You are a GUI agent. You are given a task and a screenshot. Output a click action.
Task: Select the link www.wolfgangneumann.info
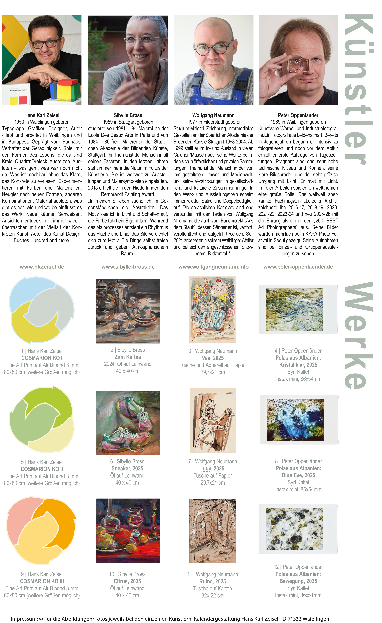click(x=213, y=267)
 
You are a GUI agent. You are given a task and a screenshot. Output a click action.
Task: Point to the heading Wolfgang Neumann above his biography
click(x=213, y=115)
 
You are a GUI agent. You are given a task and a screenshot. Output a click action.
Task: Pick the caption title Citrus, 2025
click(x=127, y=581)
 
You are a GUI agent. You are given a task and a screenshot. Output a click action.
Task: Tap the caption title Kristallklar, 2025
click(x=298, y=365)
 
